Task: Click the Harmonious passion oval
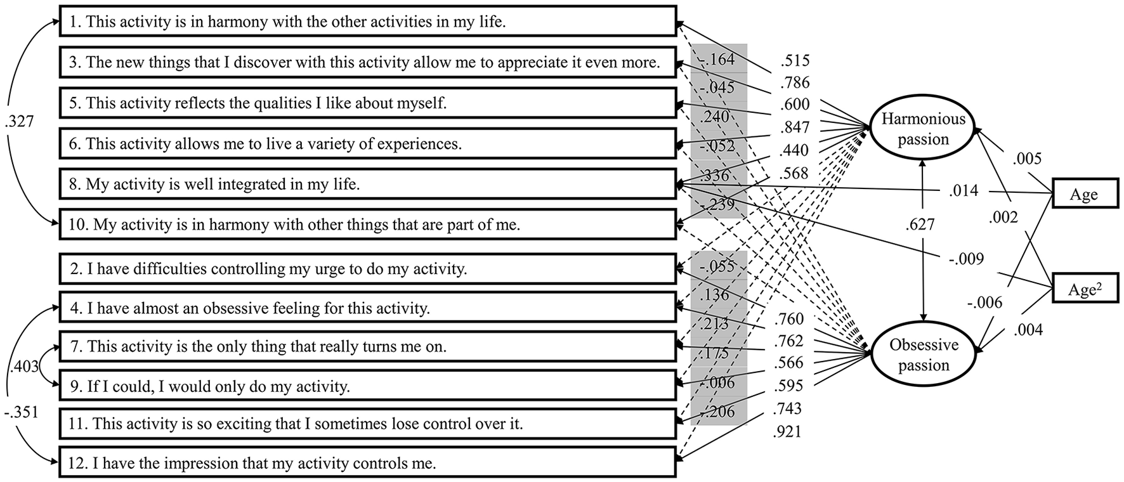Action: click(923, 129)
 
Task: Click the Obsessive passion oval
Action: click(923, 355)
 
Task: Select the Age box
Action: click(1083, 195)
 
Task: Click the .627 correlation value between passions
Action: click(921, 224)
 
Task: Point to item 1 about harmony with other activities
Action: click(368, 22)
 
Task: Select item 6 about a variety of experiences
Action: click(368, 144)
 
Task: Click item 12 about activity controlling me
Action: click(368, 464)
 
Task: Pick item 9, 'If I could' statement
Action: click(368, 386)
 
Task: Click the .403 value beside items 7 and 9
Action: click(25, 366)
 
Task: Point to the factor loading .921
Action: click(788, 433)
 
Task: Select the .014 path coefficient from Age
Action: click(964, 190)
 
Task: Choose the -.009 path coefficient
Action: click(967, 258)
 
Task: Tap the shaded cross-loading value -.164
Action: click(717, 60)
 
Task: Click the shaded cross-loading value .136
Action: click(717, 296)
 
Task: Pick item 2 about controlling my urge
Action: click(368, 269)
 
